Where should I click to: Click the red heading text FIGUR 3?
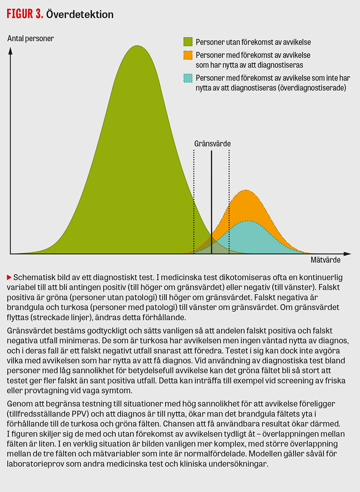point(25,14)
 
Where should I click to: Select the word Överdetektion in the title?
point(80,14)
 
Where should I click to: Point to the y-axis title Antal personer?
point(31,39)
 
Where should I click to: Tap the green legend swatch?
point(188,41)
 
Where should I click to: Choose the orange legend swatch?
point(188,55)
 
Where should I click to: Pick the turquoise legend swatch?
point(188,78)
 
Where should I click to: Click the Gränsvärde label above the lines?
point(212,143)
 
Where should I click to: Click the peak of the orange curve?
point(246,191)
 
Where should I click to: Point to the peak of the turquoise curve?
point(246,221)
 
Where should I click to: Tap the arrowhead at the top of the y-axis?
point(11,50)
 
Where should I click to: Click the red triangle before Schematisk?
point(9,277)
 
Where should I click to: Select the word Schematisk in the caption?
point(33,278)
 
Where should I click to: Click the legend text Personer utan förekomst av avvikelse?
point(254,42)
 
